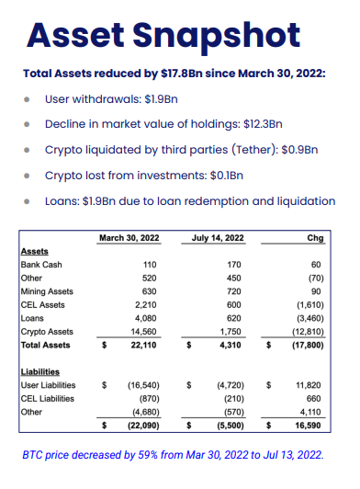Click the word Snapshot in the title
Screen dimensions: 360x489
[x=217, y=37]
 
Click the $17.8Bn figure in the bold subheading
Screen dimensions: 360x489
[x=182, y=74]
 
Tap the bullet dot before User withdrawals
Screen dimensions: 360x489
[x=27, y=99]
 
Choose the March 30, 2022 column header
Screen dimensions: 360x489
[x=129, y=238]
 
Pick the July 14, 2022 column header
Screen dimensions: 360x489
[x=218, y=238]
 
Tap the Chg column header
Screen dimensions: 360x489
[x=315, y=238]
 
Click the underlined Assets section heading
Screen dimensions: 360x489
[x=35, y=251]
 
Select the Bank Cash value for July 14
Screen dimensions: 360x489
[x=234, y=265]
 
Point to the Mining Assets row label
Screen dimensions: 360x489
[x=47, y=291]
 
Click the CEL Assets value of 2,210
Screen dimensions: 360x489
[x=145, y=305]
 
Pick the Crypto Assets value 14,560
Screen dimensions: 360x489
[x=143, y=332]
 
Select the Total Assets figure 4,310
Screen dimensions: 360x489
[x=231, y=346]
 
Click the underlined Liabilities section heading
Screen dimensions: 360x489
[x=40, y=372]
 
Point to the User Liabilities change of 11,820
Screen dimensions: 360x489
[x=308, y=385]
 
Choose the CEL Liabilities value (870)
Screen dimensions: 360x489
[x=150, y=399]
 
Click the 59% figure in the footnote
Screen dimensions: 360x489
[x=148, y=455]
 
